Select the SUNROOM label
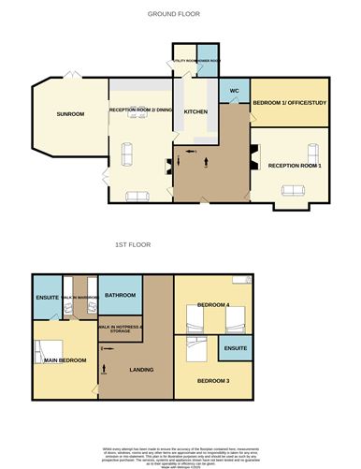[70, 114]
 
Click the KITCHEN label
[195, 112]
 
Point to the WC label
[235, 92]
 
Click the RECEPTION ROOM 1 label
[295, 166]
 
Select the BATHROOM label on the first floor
[121, 296]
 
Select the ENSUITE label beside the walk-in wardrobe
[47, 299]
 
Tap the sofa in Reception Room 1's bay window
[295, 190]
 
